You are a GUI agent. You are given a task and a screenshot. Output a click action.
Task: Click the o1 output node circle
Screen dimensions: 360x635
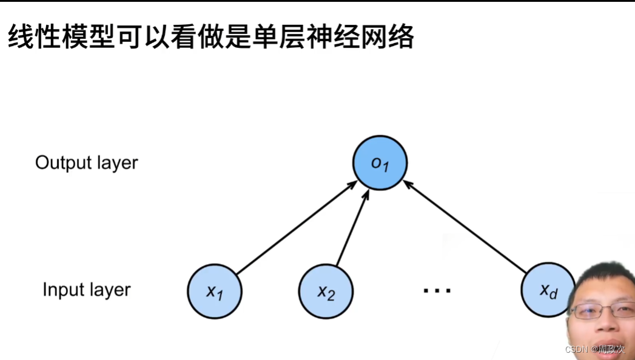(380, 162)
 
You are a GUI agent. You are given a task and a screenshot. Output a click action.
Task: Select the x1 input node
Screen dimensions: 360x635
(215, 292)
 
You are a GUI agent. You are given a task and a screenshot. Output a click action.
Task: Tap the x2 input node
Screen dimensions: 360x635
(326, 292)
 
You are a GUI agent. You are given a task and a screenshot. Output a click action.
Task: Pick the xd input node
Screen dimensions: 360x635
(548, 290)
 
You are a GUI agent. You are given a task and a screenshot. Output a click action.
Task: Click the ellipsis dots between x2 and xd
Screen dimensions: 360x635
(437, 292)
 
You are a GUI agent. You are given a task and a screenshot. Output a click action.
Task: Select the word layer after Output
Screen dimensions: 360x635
(115, 162)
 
